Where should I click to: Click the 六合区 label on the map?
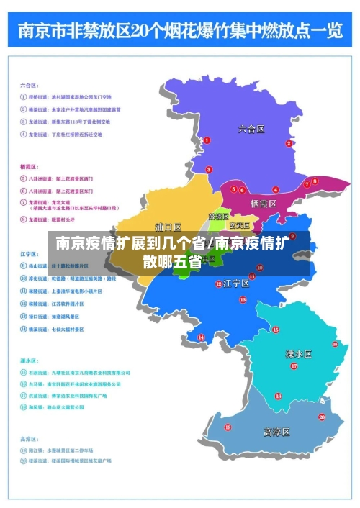click(251, 130)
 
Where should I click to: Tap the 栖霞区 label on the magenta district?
click(264, 204)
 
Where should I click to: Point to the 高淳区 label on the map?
click(276, 432)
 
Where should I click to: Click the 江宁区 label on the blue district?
click(236, 283)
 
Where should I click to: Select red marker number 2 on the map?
click(289, 143)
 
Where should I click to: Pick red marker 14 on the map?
click(201, 337)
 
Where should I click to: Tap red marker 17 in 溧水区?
click(293, 366)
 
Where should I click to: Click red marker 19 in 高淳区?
click(228, 427)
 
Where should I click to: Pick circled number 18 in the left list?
click(23, 407)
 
